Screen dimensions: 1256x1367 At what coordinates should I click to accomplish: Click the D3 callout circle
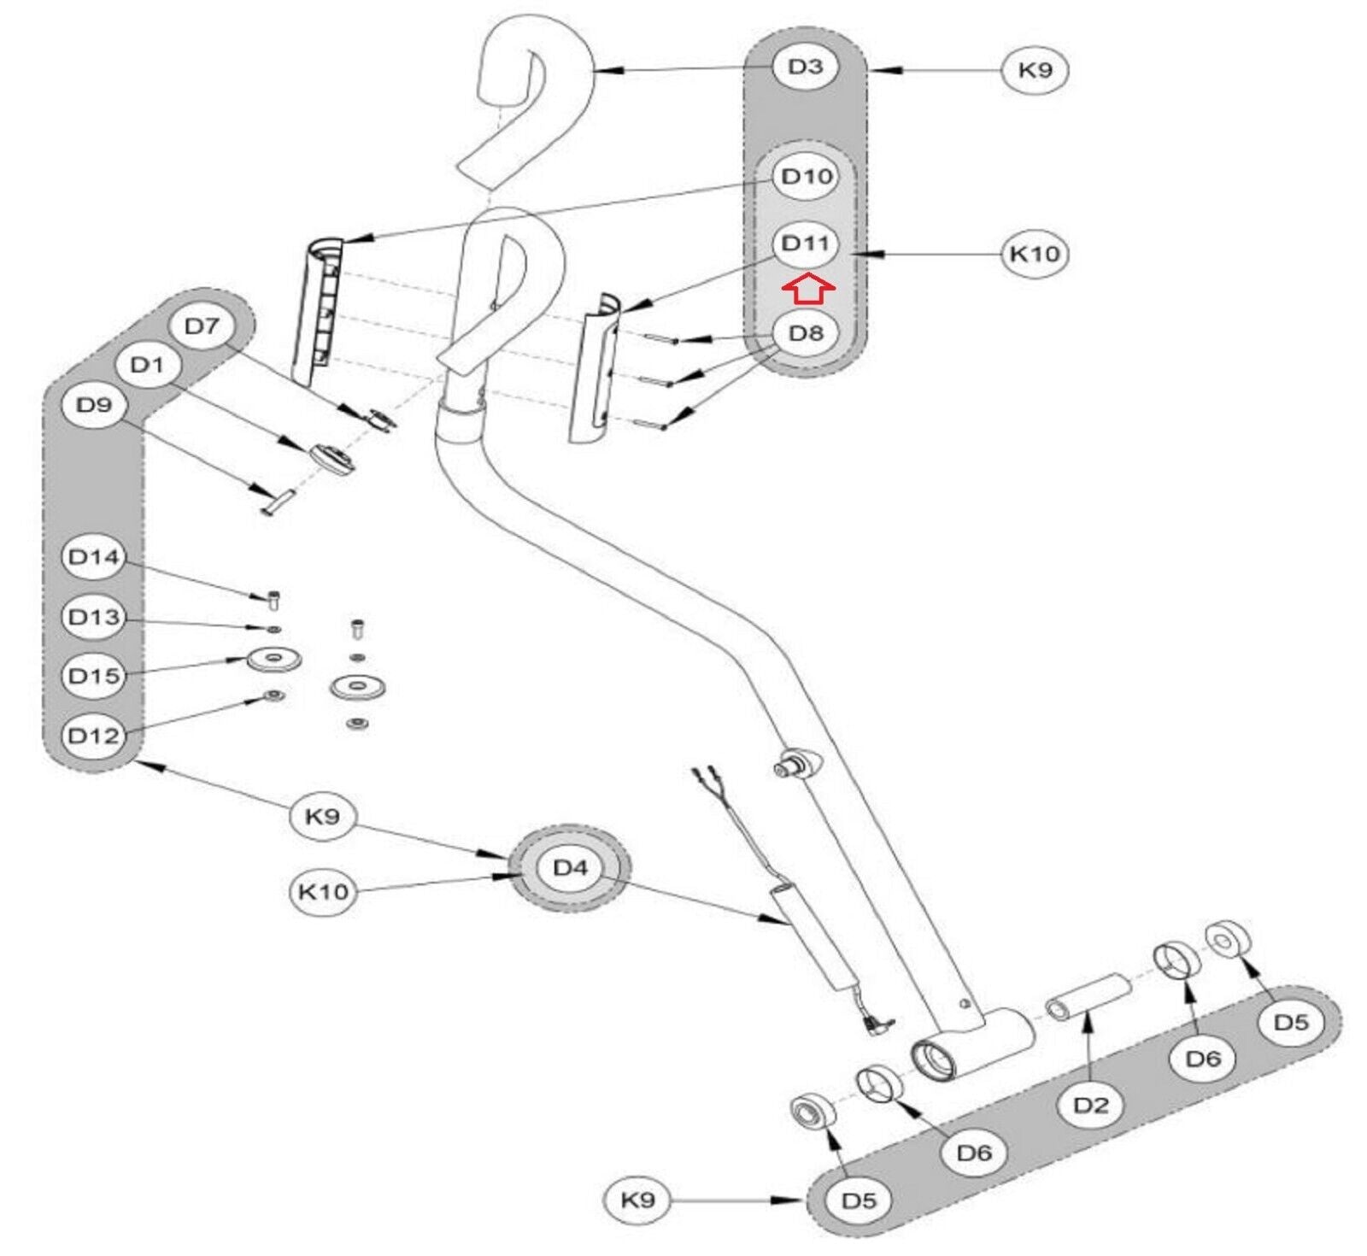805,67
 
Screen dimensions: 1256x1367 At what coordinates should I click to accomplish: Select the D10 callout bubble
806,177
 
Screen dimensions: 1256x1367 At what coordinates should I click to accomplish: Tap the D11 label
806,244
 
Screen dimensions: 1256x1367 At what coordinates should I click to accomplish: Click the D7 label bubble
202,326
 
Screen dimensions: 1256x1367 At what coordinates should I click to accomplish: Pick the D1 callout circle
147,366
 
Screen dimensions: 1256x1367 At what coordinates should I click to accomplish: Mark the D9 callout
94,405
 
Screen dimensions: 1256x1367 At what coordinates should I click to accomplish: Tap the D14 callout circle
93,557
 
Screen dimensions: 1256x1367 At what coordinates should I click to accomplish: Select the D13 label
93,617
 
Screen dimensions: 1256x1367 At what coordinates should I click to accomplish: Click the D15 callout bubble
93,676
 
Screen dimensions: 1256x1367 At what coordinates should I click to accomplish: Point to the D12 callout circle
93,735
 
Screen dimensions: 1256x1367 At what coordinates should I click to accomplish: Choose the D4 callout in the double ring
570,868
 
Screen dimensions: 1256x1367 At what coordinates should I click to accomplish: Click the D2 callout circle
1090,1105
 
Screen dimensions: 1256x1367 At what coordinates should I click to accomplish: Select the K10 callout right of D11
1034,254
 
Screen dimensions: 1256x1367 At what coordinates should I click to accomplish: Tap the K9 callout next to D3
1035,69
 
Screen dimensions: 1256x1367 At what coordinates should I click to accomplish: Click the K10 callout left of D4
323,892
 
